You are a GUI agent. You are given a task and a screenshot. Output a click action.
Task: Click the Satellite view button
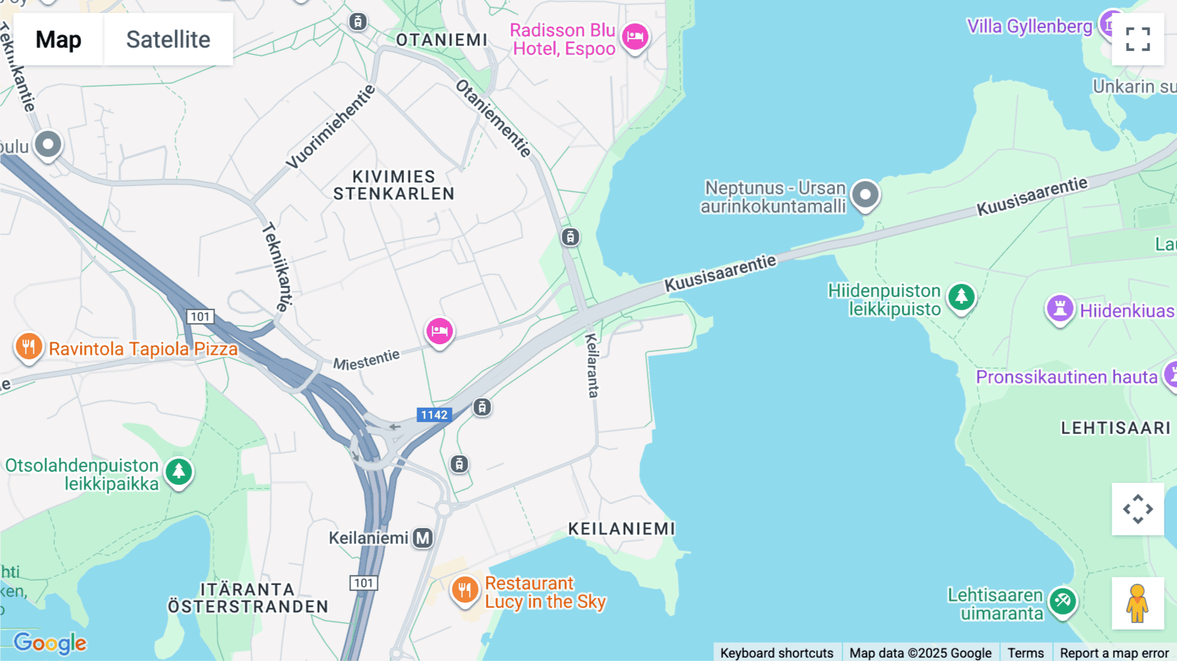click(x=168, y=39)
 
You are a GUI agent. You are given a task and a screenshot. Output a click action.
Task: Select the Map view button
click(x=58, y=39)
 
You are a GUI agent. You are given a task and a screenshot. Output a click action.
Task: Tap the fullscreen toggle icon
click(x=1138, y=39)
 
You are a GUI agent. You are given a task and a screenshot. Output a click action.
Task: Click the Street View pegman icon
click(x=1138, y=603)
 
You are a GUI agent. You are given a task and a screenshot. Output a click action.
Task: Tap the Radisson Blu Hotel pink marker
click(x=634, y=37)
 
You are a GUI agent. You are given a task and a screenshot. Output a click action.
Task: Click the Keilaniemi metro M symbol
click(x=423, y=538)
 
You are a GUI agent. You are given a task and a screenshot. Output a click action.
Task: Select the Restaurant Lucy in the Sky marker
click(x=464, y=590)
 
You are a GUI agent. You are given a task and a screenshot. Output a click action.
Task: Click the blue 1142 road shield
click(x=434, y=415)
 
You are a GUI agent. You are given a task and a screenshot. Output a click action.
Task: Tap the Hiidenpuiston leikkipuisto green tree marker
click(x=961, y=297)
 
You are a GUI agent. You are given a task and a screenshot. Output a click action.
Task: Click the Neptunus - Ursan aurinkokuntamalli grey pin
click(x=865, y=194)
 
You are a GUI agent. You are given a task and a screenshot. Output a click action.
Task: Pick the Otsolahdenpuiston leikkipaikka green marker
click(x=179, y=471)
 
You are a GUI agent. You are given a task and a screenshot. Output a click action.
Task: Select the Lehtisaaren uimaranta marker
click(x=1063, y=601)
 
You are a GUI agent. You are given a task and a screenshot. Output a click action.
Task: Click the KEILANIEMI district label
click(x=621, y=529)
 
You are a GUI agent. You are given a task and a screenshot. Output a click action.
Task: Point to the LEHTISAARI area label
click(x=1116, y=428)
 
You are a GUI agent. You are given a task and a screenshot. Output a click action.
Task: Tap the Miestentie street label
click(x=366, y=360)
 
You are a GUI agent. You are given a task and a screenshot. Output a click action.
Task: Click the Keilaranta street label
click(x=592, y=365)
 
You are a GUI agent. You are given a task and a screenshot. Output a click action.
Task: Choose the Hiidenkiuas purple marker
click(x=1060, y=308)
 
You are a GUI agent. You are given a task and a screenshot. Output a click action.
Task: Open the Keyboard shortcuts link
click(x=777, y=652)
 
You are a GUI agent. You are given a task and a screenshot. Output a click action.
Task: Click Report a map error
click(x=1114, y=652)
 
